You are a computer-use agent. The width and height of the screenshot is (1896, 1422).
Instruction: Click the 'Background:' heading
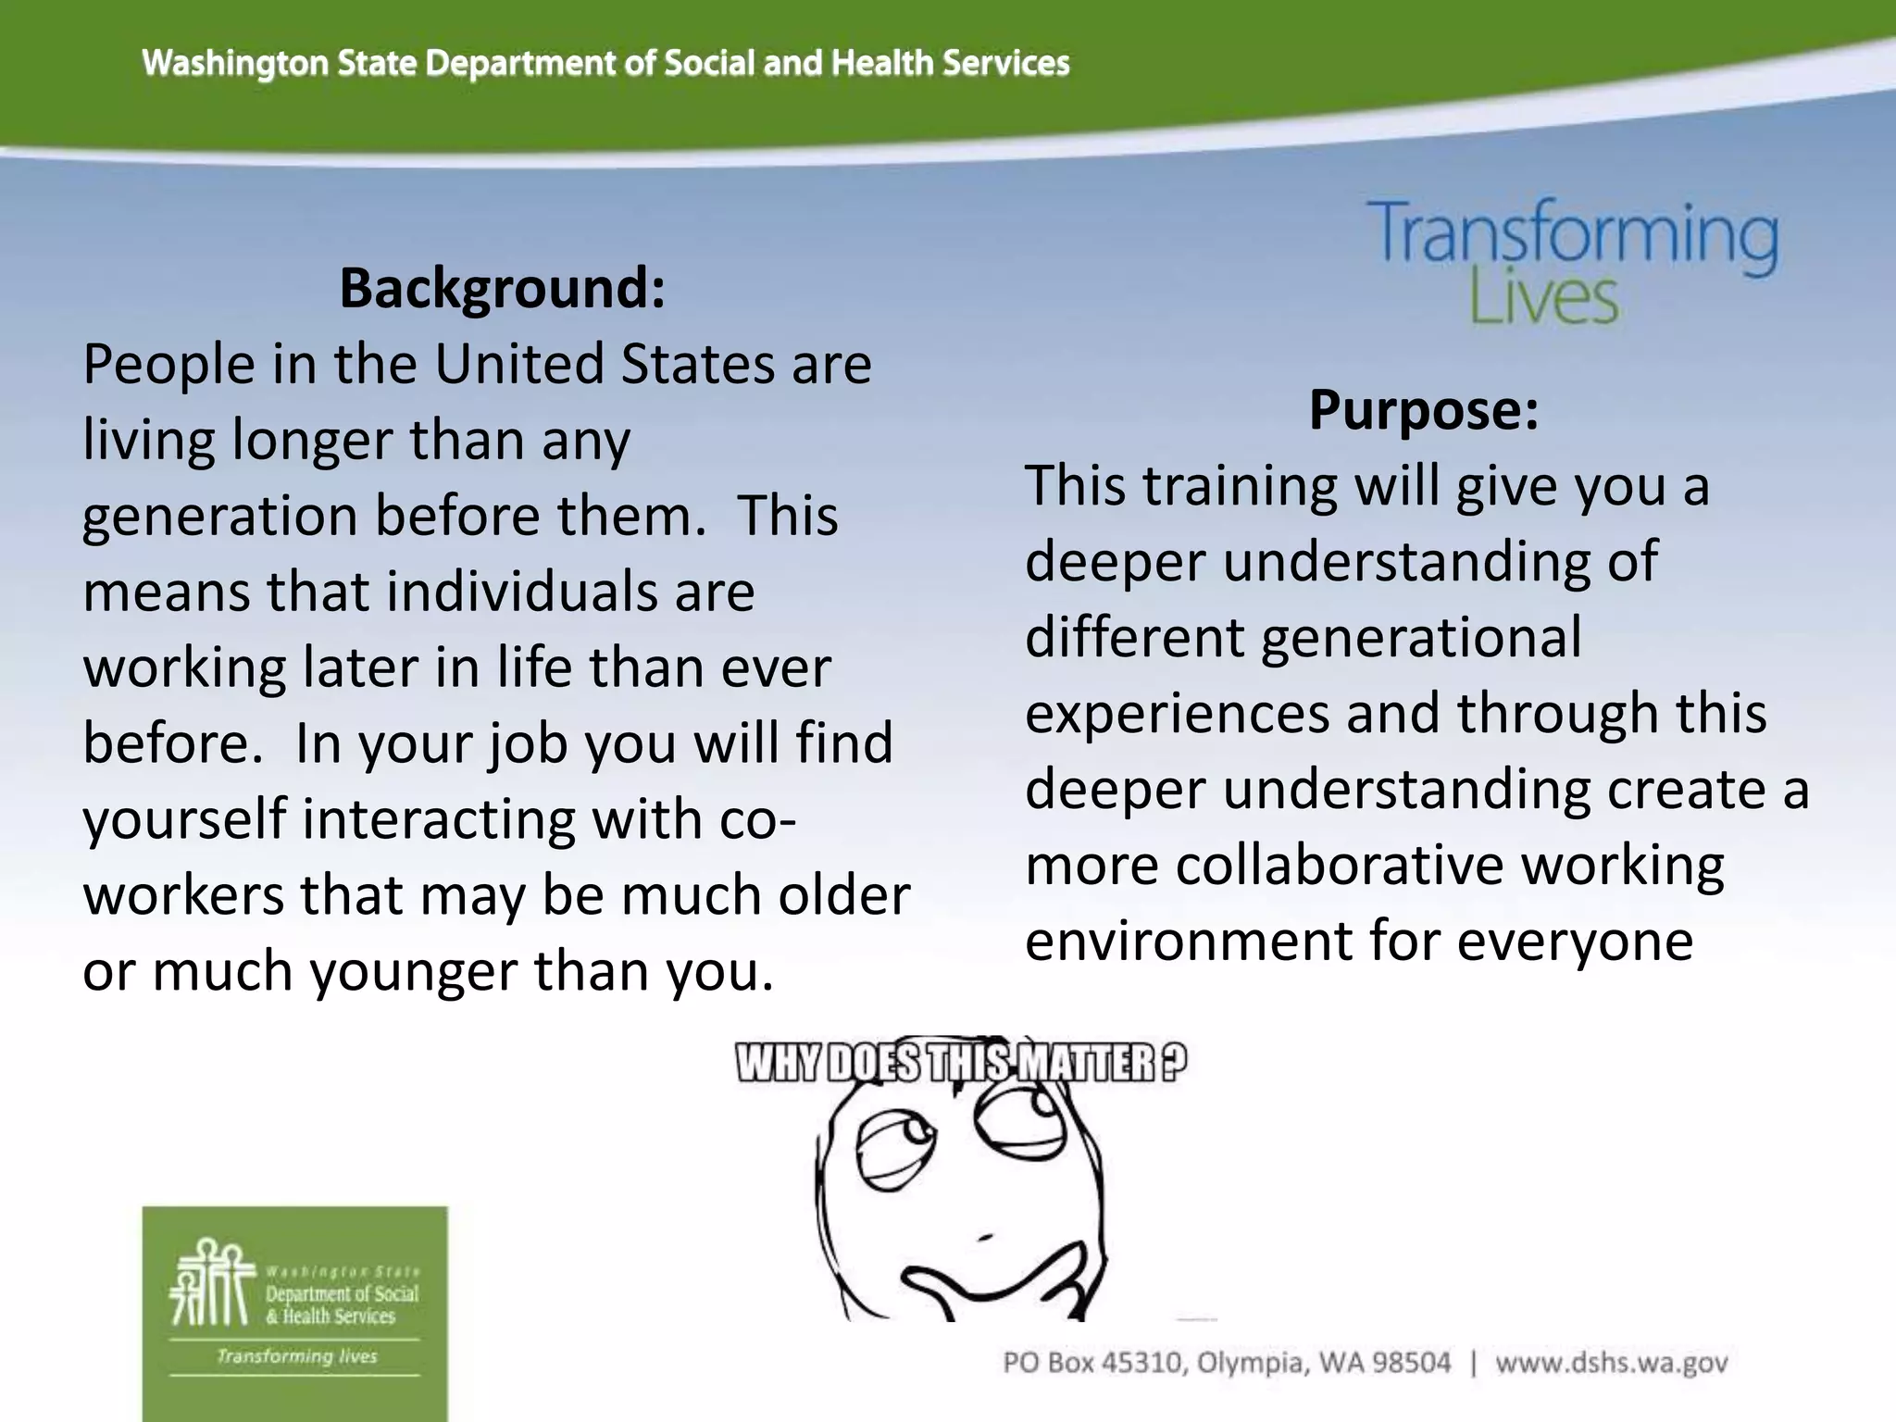[502, 288]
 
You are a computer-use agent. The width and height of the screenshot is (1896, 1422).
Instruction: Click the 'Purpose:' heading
[1423, 409]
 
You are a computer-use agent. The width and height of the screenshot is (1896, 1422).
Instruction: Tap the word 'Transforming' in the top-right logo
[1573, 233]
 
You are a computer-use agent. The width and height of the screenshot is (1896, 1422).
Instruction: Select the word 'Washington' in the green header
[236, 63]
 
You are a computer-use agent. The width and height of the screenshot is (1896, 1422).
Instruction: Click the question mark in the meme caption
[1171, 1063]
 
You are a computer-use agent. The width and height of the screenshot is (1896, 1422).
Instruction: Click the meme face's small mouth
[984, 1235]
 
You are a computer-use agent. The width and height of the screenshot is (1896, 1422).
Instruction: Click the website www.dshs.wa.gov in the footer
[1611, 1363]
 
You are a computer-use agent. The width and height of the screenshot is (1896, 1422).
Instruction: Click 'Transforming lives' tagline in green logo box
[296, 1356]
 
